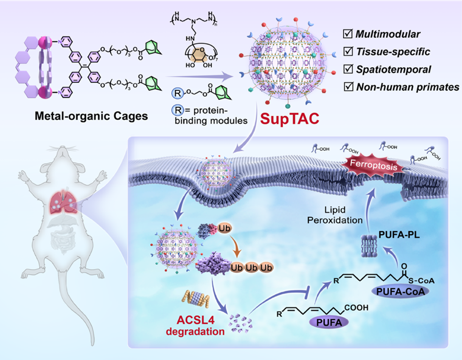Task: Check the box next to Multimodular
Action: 347,34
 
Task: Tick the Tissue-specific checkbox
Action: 347,51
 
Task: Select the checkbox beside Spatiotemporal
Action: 347,69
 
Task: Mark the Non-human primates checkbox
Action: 347,87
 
